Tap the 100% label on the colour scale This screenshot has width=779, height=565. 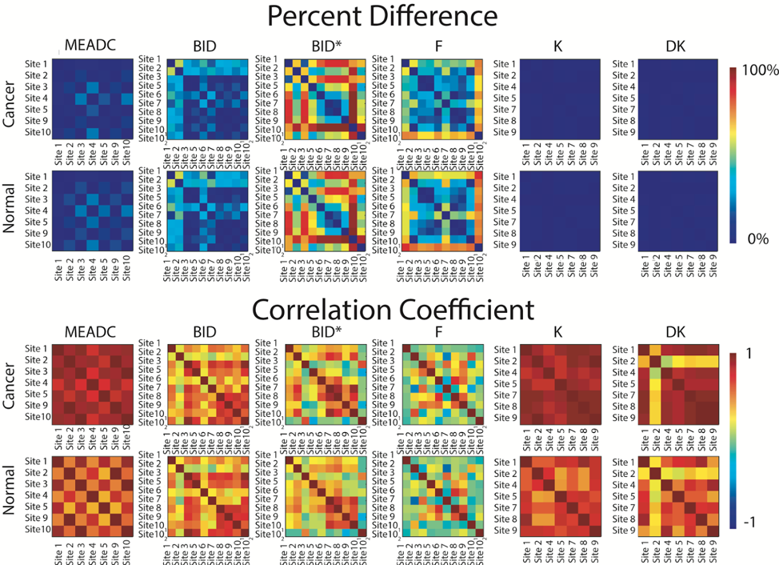point(759,70)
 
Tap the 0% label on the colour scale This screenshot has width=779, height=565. point(756,238)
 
